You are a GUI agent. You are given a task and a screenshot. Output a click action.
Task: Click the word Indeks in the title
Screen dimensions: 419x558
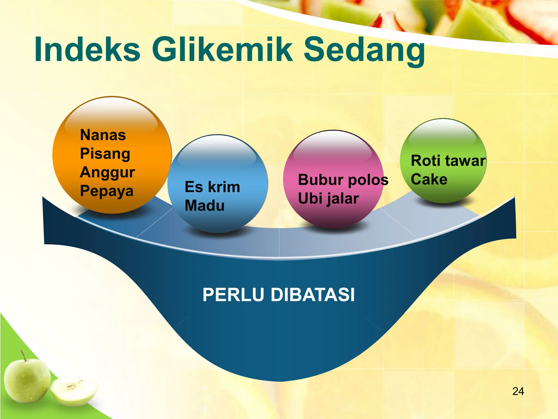point(87,50)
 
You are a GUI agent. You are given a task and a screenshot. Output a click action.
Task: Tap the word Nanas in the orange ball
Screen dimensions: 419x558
point(103,135)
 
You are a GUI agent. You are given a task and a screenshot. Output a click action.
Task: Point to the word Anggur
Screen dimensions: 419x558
point(107,172)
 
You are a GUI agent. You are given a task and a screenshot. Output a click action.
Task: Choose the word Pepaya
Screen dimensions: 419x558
point(107,191)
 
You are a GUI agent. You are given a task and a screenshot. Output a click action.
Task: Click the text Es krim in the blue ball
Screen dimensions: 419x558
point(212,187)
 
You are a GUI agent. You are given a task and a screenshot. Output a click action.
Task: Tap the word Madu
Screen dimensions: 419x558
point(205,206)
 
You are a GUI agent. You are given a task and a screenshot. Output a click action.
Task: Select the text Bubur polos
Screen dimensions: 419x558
point(343,180)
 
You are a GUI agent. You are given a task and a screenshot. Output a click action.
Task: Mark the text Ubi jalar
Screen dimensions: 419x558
point(328,199)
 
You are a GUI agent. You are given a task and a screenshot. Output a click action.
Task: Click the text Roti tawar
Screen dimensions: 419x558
point(448,161)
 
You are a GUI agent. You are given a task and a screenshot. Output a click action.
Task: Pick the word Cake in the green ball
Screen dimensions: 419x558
point(429,179)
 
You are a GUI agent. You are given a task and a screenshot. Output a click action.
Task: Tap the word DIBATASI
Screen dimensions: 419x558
point(313,295)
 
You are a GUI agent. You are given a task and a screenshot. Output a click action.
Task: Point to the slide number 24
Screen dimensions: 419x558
point(518,391)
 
